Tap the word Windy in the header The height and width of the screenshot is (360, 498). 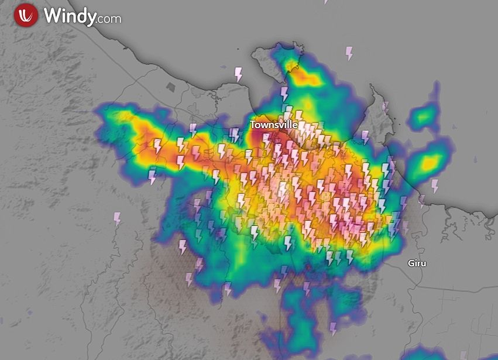(69, 16)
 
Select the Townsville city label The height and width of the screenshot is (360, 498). (274, 125)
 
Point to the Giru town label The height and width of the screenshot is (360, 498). (417, 263)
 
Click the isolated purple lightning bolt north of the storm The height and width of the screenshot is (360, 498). (349, 53)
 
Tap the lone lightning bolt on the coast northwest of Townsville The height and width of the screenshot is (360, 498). (238, 74)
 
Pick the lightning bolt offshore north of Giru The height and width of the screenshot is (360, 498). (435, 186)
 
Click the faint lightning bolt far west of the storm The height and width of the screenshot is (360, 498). (117, 219)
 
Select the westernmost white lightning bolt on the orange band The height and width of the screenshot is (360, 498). (157, 146)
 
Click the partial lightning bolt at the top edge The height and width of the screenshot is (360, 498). (326, 2)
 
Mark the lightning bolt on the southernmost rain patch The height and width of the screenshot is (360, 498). (333, 328)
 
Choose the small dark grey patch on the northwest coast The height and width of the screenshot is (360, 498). (171, 87)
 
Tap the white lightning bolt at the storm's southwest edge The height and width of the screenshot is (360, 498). (183, 247)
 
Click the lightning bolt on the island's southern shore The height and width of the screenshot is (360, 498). (285, 94)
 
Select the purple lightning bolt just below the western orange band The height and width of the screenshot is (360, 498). (152, 175)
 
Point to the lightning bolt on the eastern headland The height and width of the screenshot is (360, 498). (384, 108)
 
